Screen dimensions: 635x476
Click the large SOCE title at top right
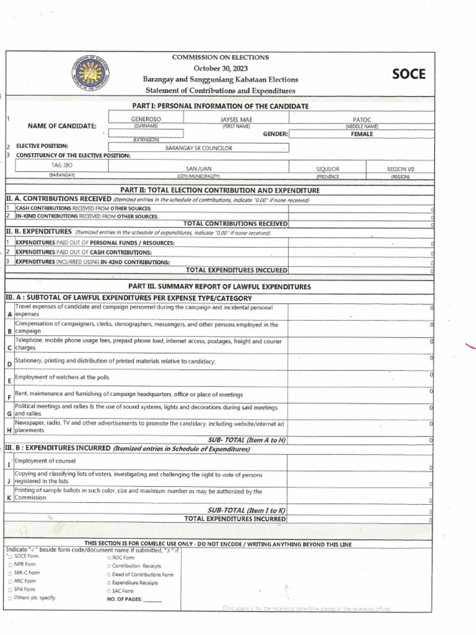[408, 74]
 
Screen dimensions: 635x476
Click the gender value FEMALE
[361, 133]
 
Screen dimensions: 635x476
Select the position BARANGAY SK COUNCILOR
[198, 148]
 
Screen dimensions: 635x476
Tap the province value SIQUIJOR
[328, 169]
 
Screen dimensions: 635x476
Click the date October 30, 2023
[220, 68]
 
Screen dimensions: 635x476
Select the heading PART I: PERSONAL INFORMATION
[220, 107]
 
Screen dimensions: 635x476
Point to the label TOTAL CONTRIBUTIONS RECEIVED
[236, 223]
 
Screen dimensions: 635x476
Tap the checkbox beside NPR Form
[9, 565]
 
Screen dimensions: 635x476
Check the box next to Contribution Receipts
[109, 566]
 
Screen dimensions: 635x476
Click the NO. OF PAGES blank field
[152, 600]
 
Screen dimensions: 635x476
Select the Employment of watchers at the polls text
[62, 377]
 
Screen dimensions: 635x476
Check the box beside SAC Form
[109, 592]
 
